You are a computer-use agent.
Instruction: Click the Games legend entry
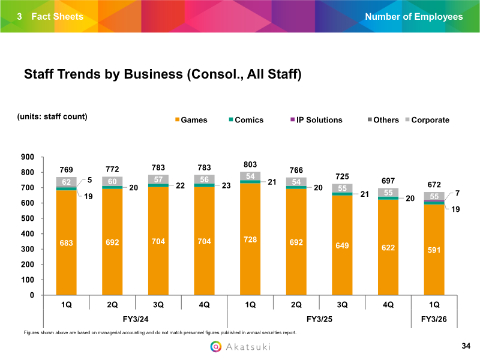(x=190, y=120)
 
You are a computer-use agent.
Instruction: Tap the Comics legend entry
(x=245, y=120)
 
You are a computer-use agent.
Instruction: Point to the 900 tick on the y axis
(x=28, y=157)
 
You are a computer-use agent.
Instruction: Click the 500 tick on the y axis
(x=28, y=219)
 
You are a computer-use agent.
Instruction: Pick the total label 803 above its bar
(x=250, y=164)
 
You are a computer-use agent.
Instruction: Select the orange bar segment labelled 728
(x=250, y=239)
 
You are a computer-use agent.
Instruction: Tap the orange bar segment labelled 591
(x=434, y=250)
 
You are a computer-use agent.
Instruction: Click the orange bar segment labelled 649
(x=343, y=245)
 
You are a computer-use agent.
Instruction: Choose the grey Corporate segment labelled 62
(x=67, y=182)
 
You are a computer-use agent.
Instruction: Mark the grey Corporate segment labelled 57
(x=158, y=179)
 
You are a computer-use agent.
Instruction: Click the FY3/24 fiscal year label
(x=135, y=319)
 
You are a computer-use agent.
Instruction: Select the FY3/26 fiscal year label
(x=434, y=319)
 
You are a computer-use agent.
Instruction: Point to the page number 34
(x=466, y=346)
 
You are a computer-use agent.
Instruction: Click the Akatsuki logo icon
(x=216, y=346)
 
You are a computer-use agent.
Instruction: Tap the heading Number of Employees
(x=414, y=16)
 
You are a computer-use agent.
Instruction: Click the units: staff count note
(x=52, y=116)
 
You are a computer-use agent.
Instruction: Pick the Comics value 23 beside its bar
(x=226, y=186)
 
